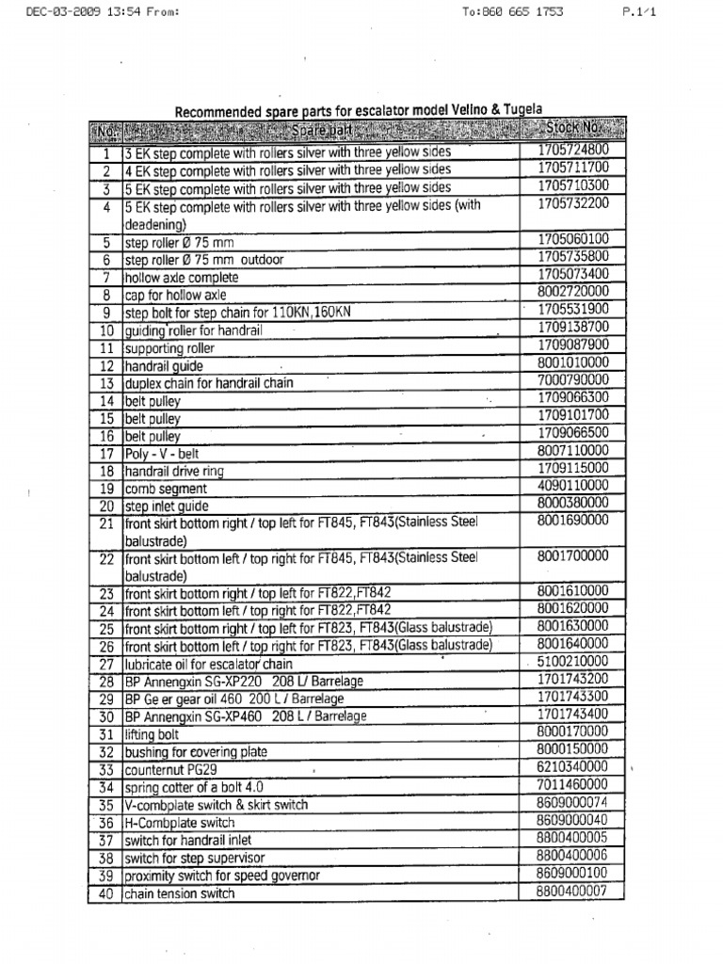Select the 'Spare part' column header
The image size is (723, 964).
click(x=320, y=130)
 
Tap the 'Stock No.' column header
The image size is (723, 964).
click(x=572, y=127)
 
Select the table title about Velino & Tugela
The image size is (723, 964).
click(x=359, y=111)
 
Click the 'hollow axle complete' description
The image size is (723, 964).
click(x=182, y=278)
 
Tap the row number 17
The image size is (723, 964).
click(x=105, y=454)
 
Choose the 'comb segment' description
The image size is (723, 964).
click(x=166, y=490)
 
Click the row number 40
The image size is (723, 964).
click(x=105, y=894)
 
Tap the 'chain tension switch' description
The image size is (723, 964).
click(x=180, y=894)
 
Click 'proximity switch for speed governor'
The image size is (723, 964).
click(x=222, y=876)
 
